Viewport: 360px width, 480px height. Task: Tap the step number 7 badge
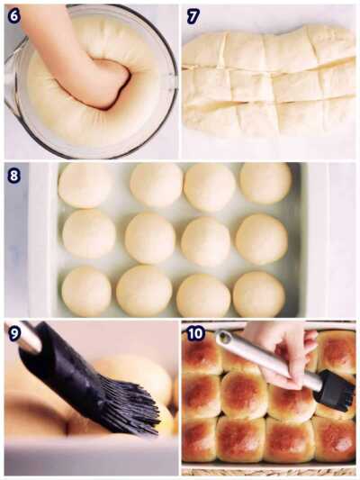click(x=193, y=16)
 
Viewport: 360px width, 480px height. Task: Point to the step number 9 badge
click(x=14, y=333)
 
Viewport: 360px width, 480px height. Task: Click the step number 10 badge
click(x=195, y=333)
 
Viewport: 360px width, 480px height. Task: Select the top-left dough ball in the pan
click(x=85, y=185)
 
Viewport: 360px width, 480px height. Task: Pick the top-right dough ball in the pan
click(x=265, y=183)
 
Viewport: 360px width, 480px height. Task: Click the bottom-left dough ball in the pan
click(x=86, y=291)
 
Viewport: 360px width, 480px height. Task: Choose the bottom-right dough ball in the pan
click(x=259, y=294)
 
